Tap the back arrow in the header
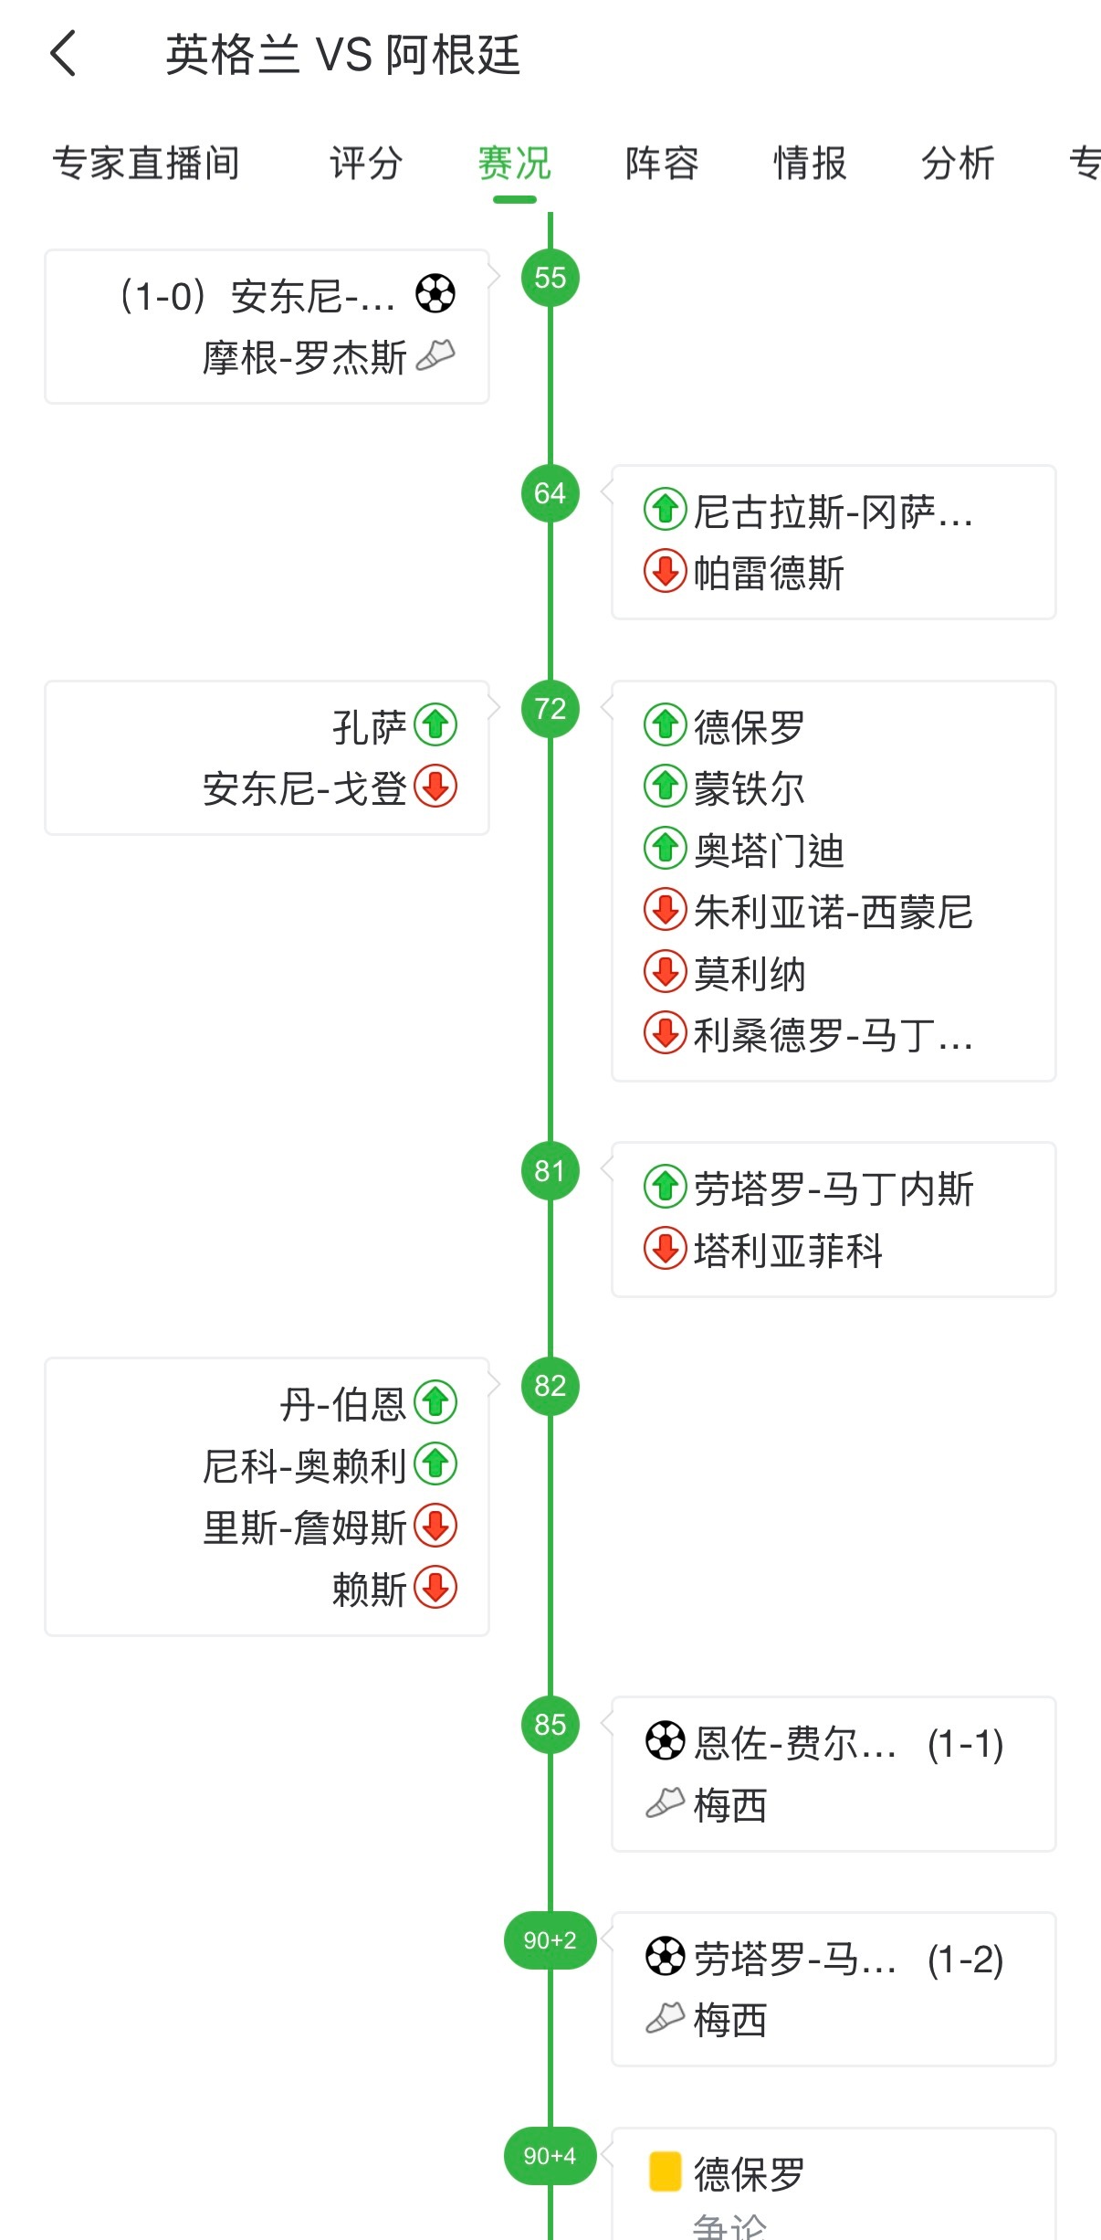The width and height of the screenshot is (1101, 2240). pyautogui.click(x=62, y=53)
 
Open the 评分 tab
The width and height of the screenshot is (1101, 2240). pyautogui.click(x=366, y=164)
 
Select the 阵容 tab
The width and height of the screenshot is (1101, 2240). pyautogui.click(x=662, y=164)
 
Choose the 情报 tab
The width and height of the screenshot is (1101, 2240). pyautogui.click(x=810, y=164)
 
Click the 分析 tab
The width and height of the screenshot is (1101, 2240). pyautogui.click(x=958, y=164)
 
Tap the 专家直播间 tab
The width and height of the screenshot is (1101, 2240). pyautogui.click(x=146, y=164)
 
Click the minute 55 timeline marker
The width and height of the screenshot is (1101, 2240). pyautogui.click(x=550, y=278)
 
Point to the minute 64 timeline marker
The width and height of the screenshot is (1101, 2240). pyautogui.click(x=550, y=493)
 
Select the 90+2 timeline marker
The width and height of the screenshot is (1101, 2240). pyautogui.click(x=550, y=1940)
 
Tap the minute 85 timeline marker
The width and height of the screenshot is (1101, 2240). pyautogui.click(x=550, y=1725)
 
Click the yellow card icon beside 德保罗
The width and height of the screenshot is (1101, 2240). pyautogui.click(x=666, y=2172)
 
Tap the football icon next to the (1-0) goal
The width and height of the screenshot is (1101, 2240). pyautogui.click(x=435, y=294)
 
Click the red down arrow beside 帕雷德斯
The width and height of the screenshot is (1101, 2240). pyautogui.click(x=666, y=572)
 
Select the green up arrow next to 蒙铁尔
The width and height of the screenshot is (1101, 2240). pyautogui.click(x=666, y=787)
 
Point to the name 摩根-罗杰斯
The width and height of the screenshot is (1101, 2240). pyautogui.click(x=304, y=357)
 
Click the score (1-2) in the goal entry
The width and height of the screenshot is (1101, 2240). pyautogui.click(x=965, y=1960)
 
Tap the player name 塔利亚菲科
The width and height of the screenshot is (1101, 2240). pyautogui.click(x=788, y=1251)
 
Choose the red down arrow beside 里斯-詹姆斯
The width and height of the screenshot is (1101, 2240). pyautogui.click(x=435, y=1526)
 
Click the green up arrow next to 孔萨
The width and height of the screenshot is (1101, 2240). pyautogui.click(x=435, y=725)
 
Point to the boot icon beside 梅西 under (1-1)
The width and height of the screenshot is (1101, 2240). pyautogui.click(x=666, y=1802)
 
